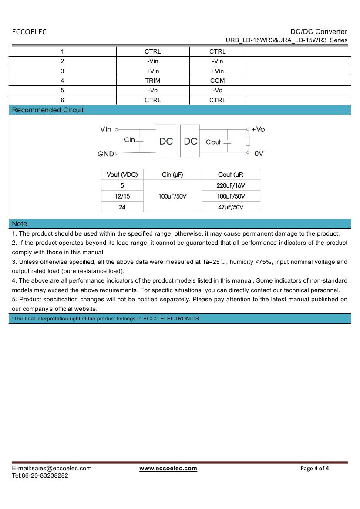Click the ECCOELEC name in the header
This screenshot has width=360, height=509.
coord(29,32)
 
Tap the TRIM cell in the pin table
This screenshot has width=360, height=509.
coord(153,81)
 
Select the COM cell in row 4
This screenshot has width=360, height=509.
coord(218,81)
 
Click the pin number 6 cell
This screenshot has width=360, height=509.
coord(62,100)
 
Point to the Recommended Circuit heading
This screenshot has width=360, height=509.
coord(48,110)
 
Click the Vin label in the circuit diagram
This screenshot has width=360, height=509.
coord(106,129)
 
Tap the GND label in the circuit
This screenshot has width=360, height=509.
coord(106,154)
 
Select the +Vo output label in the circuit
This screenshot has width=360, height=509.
coord(258,129)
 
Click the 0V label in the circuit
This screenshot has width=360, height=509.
coord(259,153)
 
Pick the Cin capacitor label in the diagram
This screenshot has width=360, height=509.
coord(129,140)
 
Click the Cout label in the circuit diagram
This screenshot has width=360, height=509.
coord(213,142)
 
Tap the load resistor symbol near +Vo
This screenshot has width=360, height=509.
coord(248,141)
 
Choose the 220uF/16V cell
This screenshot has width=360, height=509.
coord(231,185)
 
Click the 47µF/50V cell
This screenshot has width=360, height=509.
coord(231,207)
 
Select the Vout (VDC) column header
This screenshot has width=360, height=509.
coord(122,175)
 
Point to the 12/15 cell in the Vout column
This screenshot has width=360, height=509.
coord(122,196)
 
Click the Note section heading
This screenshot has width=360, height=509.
coord(20,224)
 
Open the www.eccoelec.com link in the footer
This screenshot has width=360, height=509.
coord(168,469)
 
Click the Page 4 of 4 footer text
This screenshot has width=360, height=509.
coord(315,469)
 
